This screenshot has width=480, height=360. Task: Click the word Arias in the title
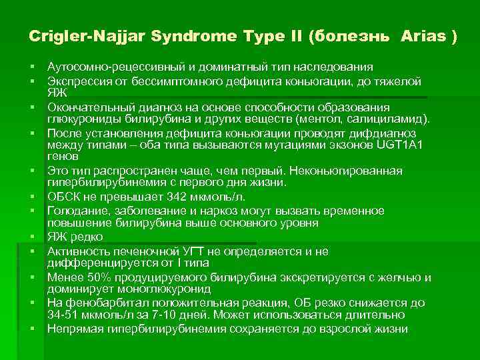pos(425,37)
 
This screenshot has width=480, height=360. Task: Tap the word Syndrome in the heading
pos(153,37)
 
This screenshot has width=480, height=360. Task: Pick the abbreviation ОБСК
pos(63,197)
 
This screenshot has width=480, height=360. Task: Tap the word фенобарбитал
pos(97,303)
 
